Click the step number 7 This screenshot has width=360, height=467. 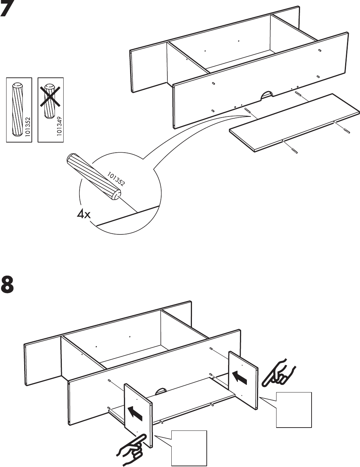click(x=8, y=9)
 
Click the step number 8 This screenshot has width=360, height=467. click(x=8, y=285)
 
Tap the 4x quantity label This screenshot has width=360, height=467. click(x=83, y=215)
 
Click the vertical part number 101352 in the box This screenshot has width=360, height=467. click(x=28, y=127)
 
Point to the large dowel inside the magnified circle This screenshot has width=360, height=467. click(x=93, y=175)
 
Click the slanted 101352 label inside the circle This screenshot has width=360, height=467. click(x=116, y=178)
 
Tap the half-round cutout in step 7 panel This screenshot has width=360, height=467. click(x=267, y=95)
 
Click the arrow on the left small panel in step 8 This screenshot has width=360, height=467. click(x=134, y=413)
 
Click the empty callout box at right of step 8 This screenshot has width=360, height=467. click(x=294, y=409)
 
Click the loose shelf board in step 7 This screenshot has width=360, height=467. click(x=293, y=121)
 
